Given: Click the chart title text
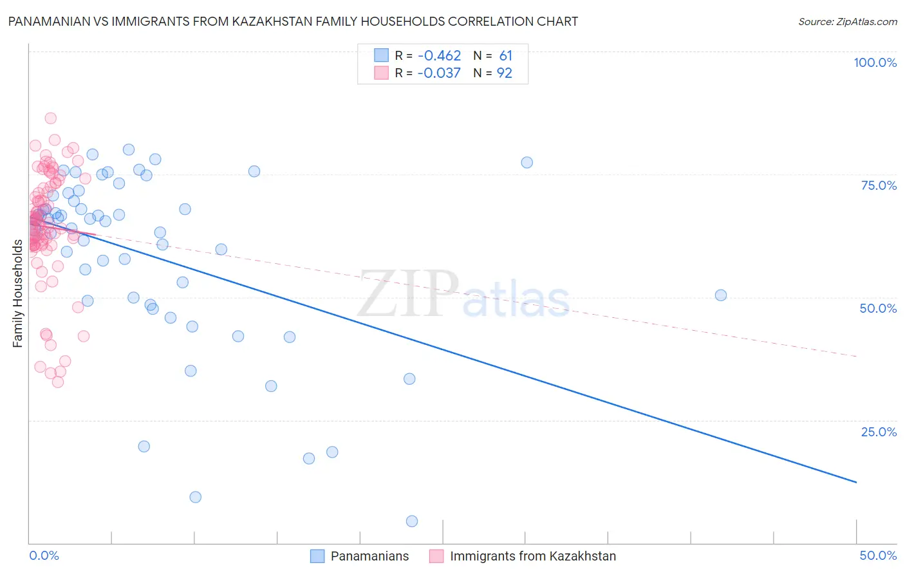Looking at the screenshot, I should click(x=293, y=21).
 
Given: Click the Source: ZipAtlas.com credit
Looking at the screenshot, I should click(x=847, y=21).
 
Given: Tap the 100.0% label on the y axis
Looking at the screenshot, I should click(x=875, y=62).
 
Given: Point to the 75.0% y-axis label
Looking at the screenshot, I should click(x=879, y=185).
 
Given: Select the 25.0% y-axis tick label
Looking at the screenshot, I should click(x=879, y=432).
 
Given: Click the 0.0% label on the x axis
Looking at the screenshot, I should click(x=44, y=555).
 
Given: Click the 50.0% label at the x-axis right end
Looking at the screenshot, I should click(x=878, y=555).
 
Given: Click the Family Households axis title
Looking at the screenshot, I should click(x=17, y=293).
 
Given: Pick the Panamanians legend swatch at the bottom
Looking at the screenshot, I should click(x=317, y=556).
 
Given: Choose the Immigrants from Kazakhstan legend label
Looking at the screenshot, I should click(x=533, y=556).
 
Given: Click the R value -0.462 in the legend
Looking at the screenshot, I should click(x=439, y=56).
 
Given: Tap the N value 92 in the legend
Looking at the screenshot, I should click(x=504, y=73).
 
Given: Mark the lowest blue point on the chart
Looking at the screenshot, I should click(x=412, y=521).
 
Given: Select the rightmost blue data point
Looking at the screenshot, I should click(x=721, y=295).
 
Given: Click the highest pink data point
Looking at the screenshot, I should click(x=50, y=118).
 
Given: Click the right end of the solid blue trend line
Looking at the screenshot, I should click(x=856, y=482).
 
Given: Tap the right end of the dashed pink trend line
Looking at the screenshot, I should click(x=856, y=356).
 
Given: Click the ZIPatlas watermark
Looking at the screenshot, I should click(x=463, y=295).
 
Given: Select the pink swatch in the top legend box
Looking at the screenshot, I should click(x=381, y=73).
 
